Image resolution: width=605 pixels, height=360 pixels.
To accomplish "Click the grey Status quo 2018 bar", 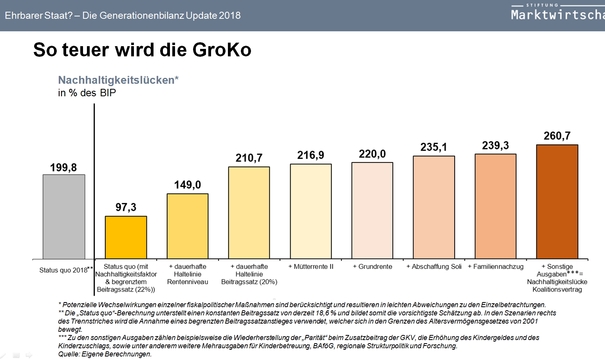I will [x=64, y=216].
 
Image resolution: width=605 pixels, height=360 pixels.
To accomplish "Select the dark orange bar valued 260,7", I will [x=557, y=202].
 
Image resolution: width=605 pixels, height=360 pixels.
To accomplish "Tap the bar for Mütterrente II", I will [x=311, y=211].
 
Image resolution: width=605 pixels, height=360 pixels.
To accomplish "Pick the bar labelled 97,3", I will [x=126, y=237].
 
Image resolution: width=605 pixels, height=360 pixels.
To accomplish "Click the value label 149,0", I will [x=187, y=185].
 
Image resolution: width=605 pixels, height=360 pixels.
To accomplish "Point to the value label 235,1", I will [x=433, y=147].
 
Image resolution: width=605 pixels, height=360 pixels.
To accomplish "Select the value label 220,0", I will [x=372, y=154].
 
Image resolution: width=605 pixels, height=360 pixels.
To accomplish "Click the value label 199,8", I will [x=63, y=168].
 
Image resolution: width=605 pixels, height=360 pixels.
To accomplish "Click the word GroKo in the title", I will [x=222, y=50].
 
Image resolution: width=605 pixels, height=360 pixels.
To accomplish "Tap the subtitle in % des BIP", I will [x=87, y=93].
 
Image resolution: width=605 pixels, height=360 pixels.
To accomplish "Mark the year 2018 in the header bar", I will [x=229, y=16].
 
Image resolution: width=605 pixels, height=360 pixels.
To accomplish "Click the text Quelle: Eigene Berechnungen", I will [x=105, y=354].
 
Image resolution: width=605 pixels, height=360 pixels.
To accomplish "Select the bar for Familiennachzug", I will [x=495, y=206].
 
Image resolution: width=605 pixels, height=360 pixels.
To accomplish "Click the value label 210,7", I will [x=249, y=158].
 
